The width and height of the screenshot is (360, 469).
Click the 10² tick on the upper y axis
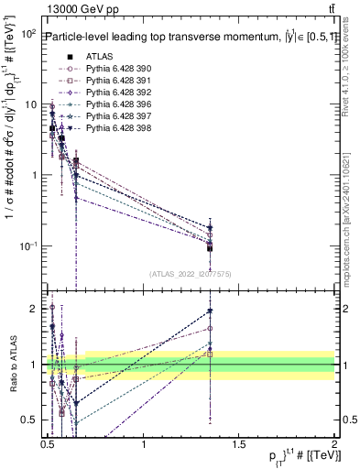(28, 34)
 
